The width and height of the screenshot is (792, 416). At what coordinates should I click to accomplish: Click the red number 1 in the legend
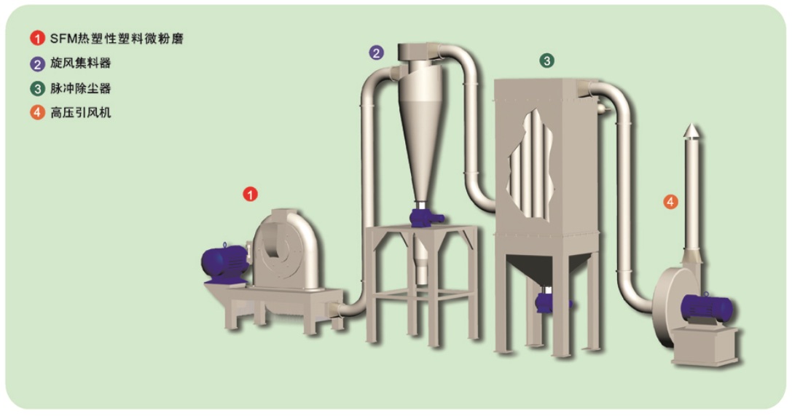point(37,39)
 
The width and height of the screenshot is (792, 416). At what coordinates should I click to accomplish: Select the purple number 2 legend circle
point(37,63)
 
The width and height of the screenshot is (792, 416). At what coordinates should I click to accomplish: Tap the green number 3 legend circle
point(37,89)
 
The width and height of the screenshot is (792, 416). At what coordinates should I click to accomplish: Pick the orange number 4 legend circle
point(37,112)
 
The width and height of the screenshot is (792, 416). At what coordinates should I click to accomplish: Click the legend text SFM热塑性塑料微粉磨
point(117,39)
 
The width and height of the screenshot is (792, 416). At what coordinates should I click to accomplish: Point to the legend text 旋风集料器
point(80,63)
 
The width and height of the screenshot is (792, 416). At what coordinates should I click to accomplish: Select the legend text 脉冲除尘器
point(80,88)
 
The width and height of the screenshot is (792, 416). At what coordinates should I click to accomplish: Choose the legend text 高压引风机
point(80,112)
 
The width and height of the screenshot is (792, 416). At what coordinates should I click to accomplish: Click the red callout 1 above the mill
point(251,194)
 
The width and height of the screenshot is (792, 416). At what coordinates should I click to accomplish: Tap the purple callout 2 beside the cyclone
point(376,52)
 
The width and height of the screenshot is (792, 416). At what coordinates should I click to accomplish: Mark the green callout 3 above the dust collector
point(546,61)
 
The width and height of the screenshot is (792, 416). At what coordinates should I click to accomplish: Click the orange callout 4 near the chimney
point(670,202)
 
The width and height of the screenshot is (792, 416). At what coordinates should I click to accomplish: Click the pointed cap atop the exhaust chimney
point(692,130)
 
